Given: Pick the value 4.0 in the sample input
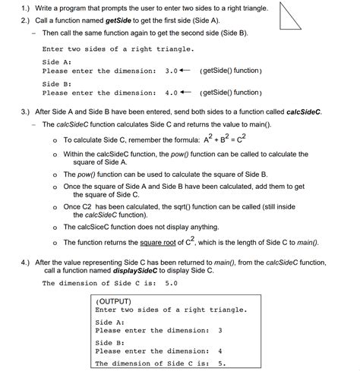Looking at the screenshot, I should click(x=171, y=93).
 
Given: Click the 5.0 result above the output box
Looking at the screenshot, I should click(x=171, y=283).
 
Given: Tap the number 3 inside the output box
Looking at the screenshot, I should click(x=219, y=330).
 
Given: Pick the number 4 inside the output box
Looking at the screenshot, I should click(x=219, y=351).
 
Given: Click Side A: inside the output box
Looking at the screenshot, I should click(x=110, y=322).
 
